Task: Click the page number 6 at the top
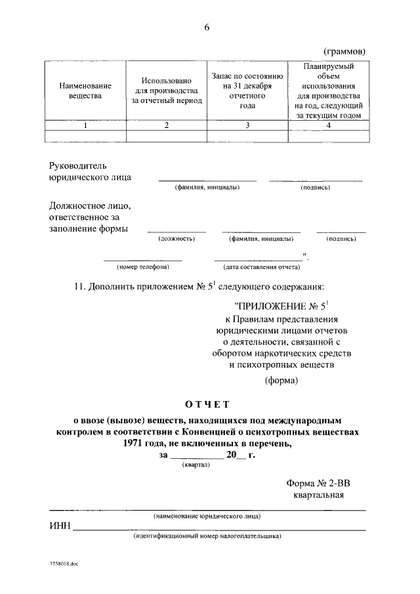207,27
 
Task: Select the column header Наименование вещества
85,91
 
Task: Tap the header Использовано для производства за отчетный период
167,91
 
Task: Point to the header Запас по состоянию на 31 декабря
247,91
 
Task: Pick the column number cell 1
85,126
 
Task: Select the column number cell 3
247,126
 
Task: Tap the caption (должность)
177,240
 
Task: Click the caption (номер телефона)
143,267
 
